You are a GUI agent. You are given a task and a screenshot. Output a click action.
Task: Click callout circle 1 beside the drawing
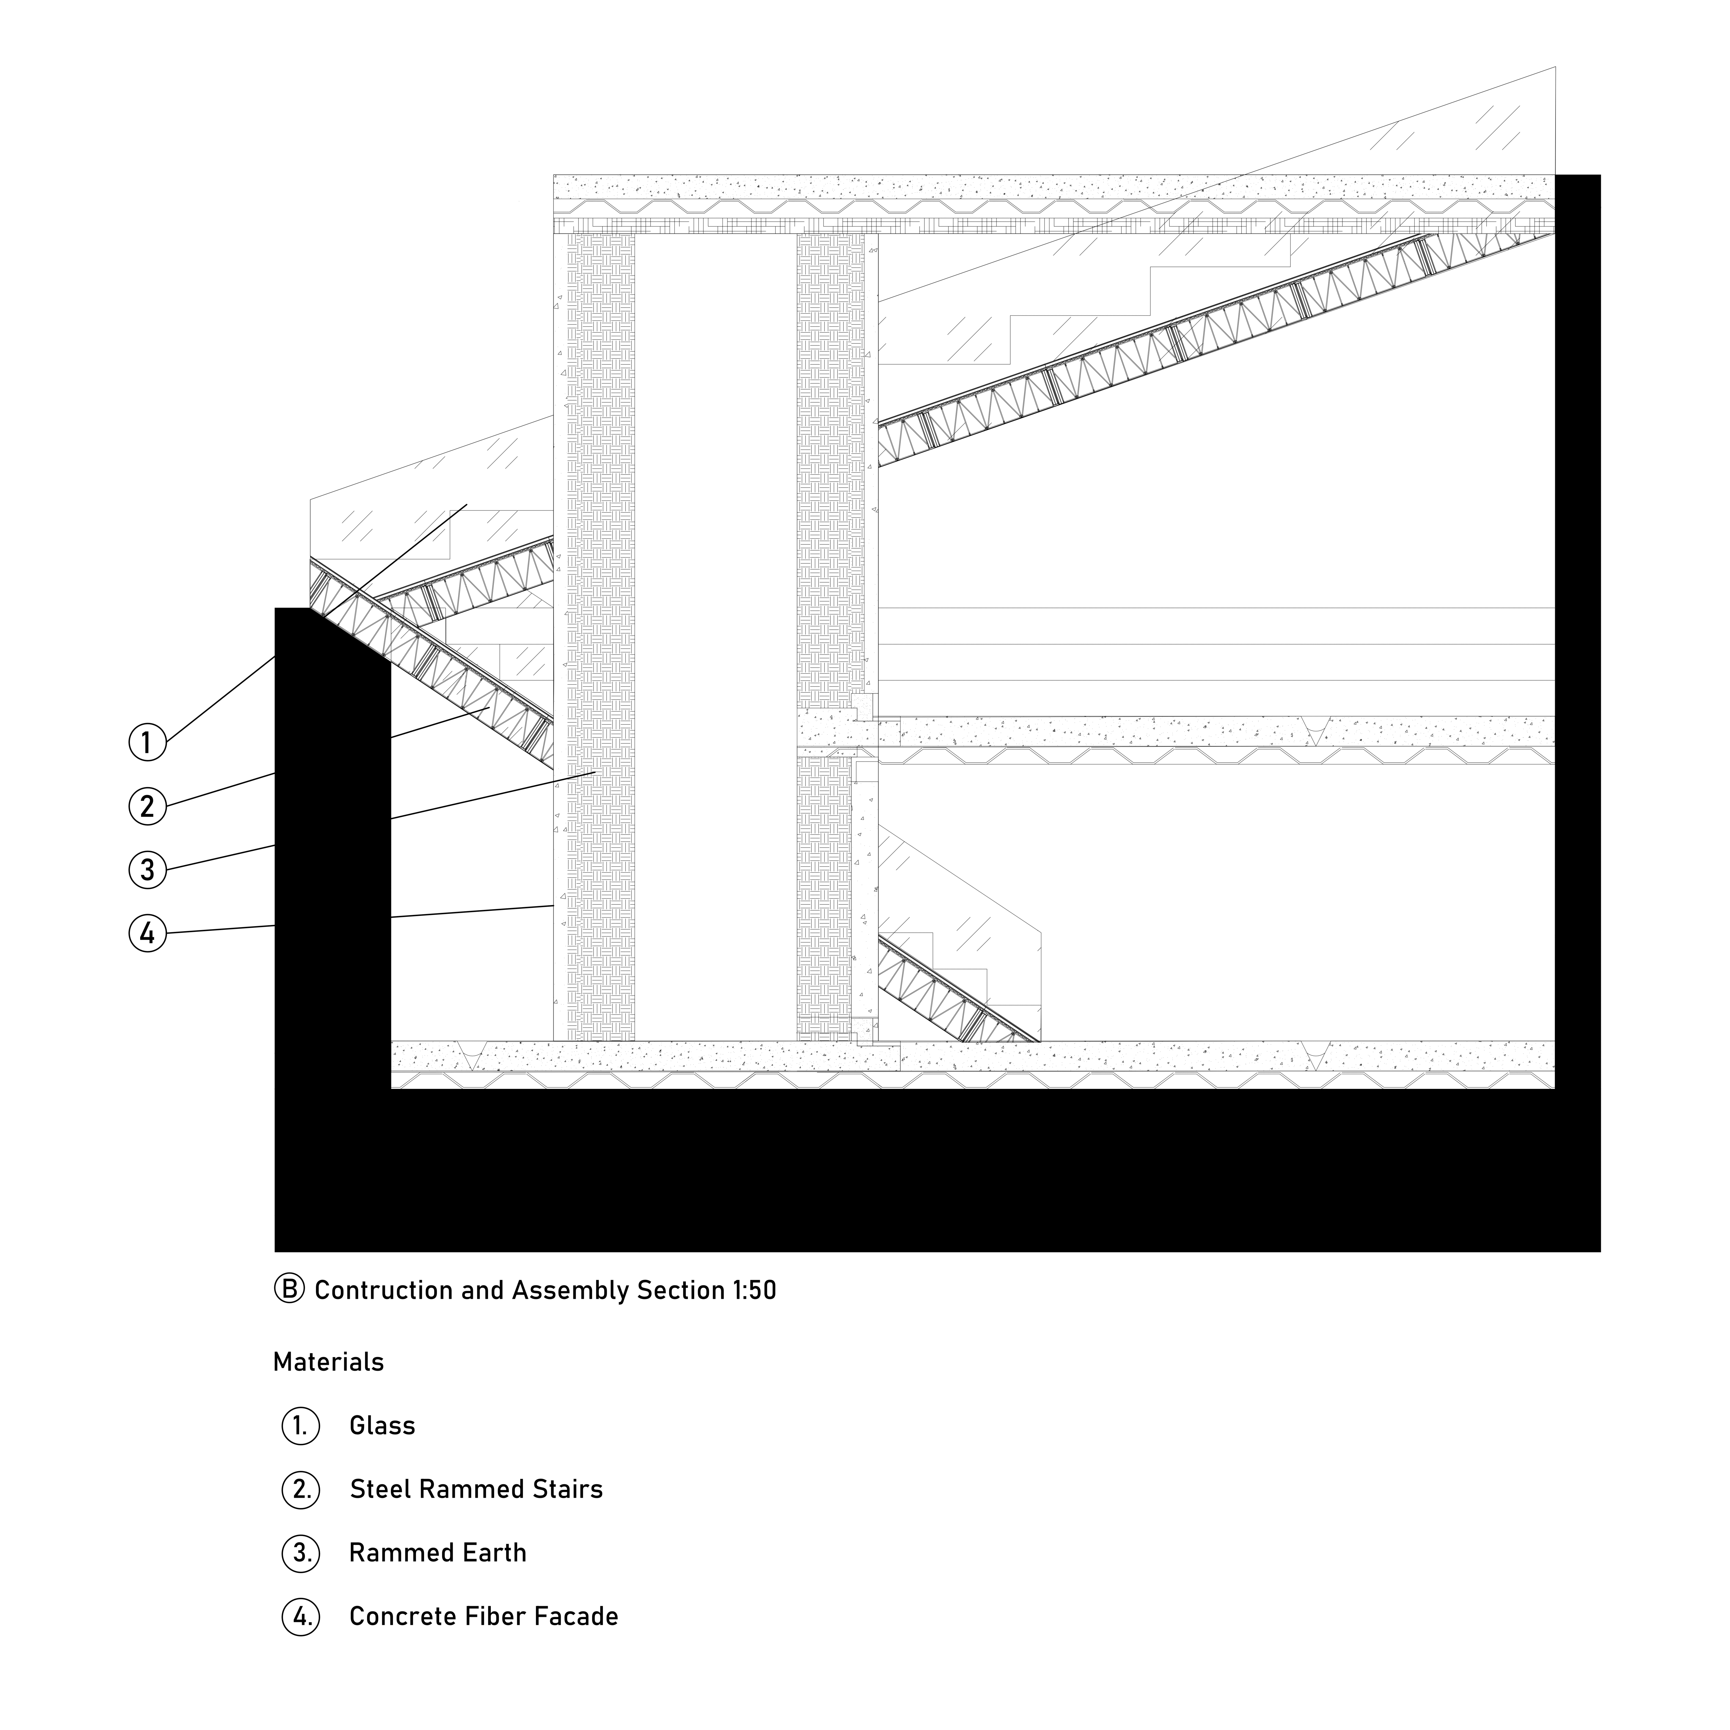(x=148, y=742)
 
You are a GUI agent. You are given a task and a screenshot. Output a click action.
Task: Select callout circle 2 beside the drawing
(x=148, y=806)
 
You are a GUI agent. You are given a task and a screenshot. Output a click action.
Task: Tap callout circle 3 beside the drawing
(x=148, y=869)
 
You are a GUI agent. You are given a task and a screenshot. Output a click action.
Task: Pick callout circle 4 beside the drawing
(x=148, y=933)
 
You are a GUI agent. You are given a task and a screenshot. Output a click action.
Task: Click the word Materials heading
(x=329, y=1362)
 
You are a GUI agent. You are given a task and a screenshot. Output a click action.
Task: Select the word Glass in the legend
(x=382, y=1426)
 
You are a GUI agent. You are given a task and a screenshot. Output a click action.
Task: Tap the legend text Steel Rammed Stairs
(x=476, y=1489)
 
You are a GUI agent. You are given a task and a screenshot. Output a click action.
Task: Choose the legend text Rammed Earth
(x=438, y=1553)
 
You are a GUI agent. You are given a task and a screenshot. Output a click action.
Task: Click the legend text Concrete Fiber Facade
(x=484, y=1616)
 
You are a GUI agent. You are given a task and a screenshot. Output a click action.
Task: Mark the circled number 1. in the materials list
(x=301, y=1426)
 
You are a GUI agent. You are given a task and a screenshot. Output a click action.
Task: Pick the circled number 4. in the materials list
(x=301, y=1616)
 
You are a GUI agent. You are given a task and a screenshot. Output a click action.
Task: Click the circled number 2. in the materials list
(x=301, y=1489)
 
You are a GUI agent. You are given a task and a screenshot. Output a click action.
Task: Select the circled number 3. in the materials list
(x=301, y=1553)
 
